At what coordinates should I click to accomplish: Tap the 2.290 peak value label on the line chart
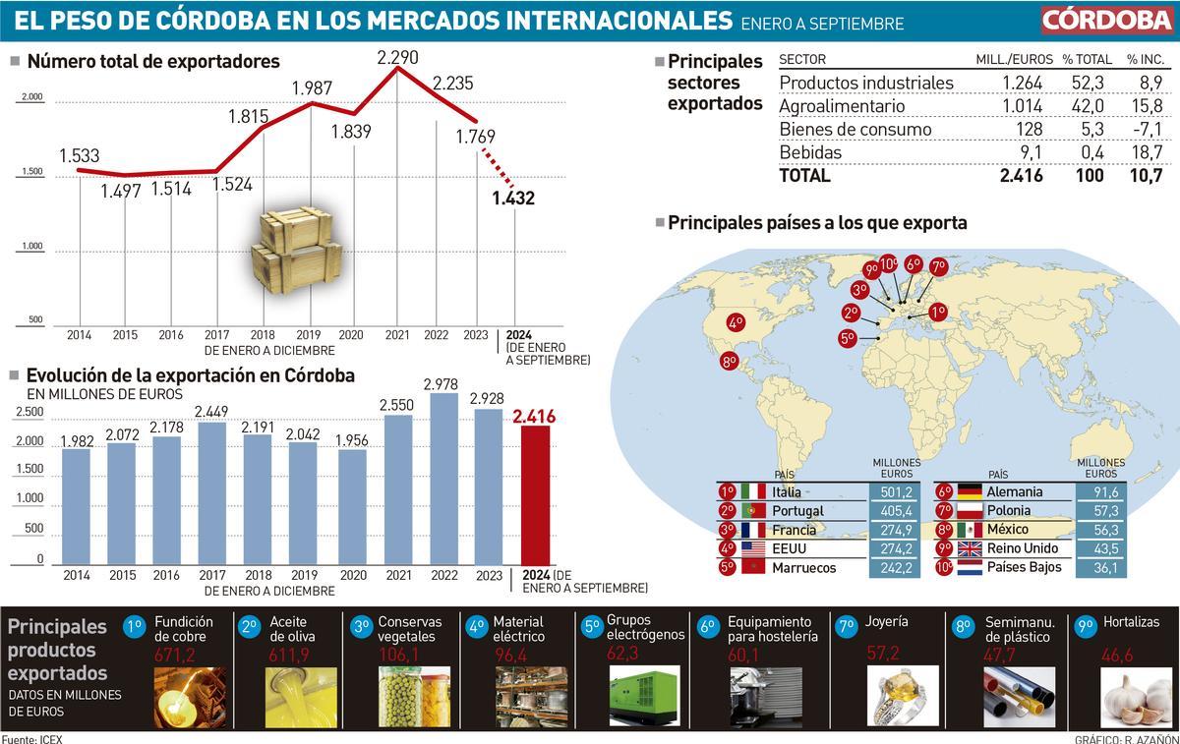(x=397, y=58)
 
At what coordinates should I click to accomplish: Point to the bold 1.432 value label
(x=513, y=199)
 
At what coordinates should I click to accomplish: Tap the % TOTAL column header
(x=1087, y=60)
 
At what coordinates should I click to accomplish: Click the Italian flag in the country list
(x=753, y=491)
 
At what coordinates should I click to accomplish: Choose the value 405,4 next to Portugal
(x=895, y=511)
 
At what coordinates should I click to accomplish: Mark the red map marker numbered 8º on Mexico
(x=730, y=362)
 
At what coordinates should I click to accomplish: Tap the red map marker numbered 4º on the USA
(x=736, y=321)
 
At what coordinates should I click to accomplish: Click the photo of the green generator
(x=644, y=696)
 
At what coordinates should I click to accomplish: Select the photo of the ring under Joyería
(x=902, y=696)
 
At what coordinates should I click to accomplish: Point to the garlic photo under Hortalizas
(x=1137, y=696)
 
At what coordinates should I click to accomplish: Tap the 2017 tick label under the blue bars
(x=212, y=576)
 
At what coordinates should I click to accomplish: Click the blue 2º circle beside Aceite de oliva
(x=249, y=625)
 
